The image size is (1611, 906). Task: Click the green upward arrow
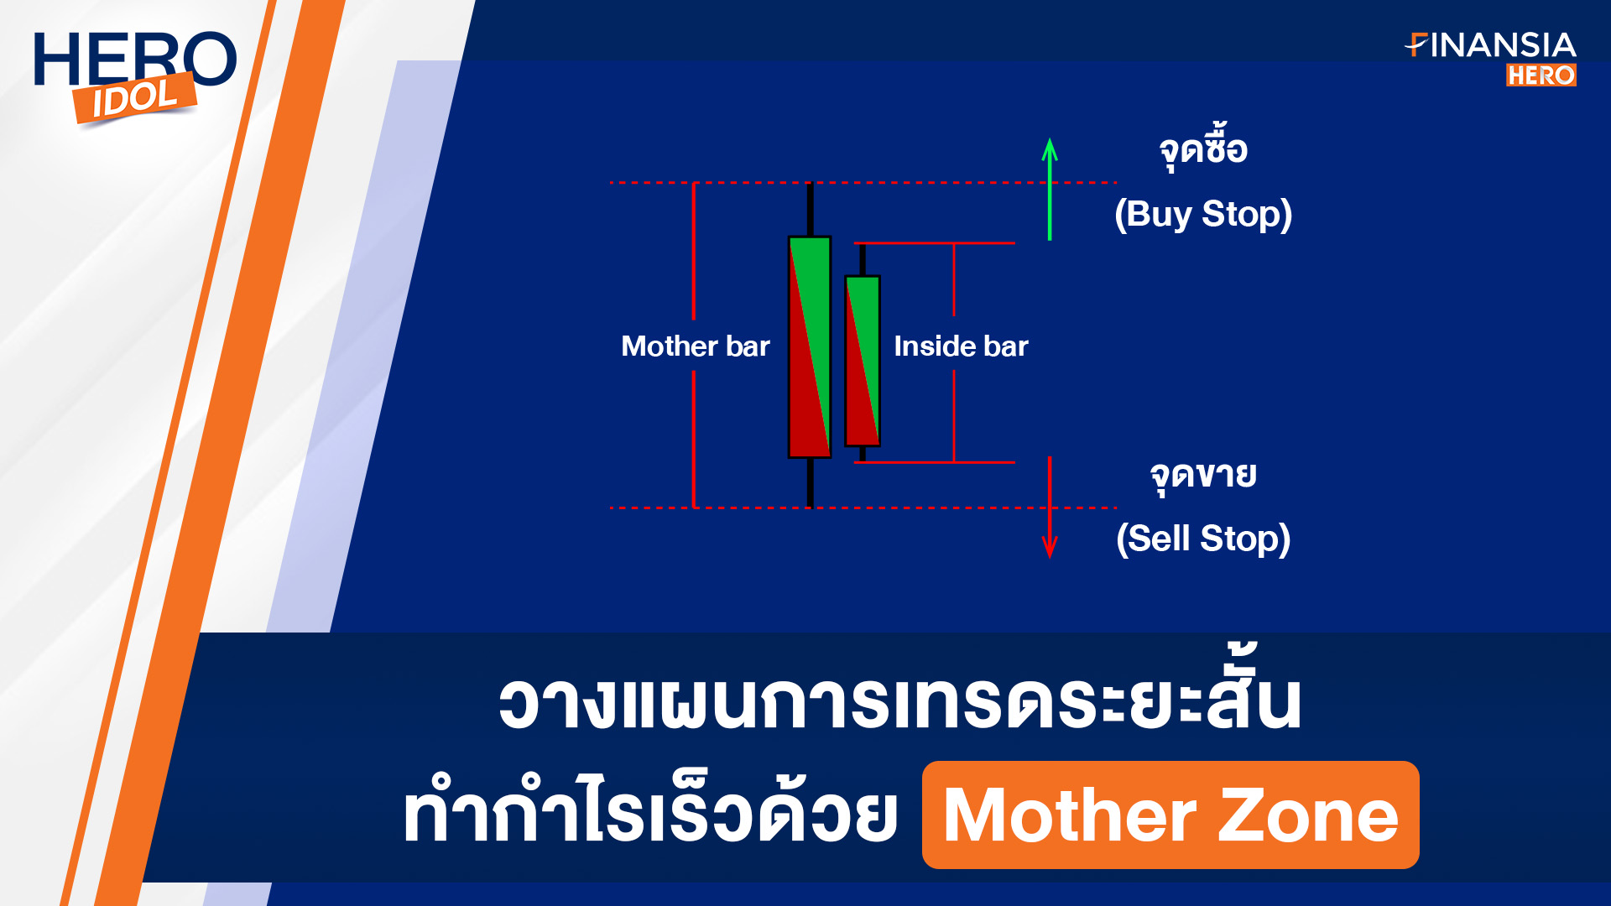1049,190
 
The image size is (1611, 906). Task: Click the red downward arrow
1049,508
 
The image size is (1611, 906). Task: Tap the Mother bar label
695,346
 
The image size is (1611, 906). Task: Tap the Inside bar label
961,346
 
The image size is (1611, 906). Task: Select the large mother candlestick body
810,347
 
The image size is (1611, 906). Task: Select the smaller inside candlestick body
863,361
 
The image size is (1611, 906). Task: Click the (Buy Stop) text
1203,214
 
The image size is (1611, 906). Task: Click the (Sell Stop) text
1203,539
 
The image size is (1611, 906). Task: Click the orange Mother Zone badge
1170,815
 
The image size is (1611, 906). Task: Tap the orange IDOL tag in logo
134,98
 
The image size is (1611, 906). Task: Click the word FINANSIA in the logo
1490,45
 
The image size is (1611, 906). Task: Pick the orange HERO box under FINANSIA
1541,75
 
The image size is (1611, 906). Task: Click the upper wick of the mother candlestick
810,209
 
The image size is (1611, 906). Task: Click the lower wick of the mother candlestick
810,482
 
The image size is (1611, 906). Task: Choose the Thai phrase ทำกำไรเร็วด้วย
650,807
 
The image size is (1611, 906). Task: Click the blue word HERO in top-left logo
135,59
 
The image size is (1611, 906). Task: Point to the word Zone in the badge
1308,815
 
